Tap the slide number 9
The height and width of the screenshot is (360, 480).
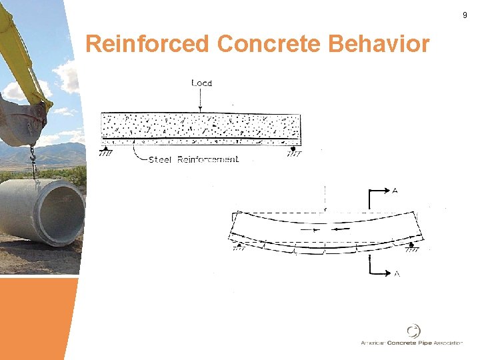[x=465, y=15]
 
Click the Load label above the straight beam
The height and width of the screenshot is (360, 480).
[x=201, y=83]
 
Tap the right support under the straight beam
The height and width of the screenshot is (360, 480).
[x=294, y=151]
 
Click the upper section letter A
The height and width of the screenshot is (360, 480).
[x=395, y=191]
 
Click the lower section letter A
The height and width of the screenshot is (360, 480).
[x=395, y=274]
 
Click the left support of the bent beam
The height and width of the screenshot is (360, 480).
[x=239, y=246]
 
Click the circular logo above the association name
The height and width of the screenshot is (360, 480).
[x=413, y=331]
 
